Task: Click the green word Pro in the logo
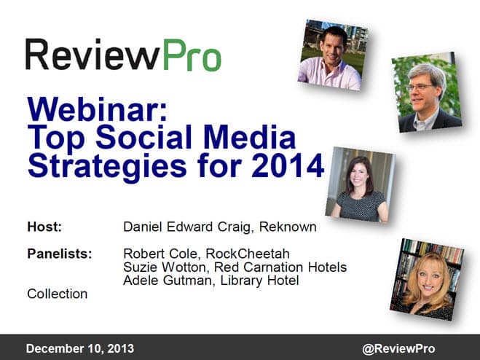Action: click(x=192, y=55)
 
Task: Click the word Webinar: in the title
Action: click(x=98, y=110)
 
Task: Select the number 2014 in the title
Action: click(x=288, y=165)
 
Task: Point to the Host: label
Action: click(x=44, y=227)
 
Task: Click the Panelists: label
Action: click(x=60, y=254)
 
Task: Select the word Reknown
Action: click(x=288, y=227)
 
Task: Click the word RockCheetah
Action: click(x=248, y=254)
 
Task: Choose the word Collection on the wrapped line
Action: click(x=58, y=294)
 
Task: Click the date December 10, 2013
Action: click(x=80, y=348)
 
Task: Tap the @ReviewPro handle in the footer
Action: click(x=398, y=348)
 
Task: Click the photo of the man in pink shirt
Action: click(x=332, y=55)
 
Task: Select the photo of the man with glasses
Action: click(x=427, y=93)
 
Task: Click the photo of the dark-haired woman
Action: click(x=361, y=184)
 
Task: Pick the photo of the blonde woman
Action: click(x=427, y=280)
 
